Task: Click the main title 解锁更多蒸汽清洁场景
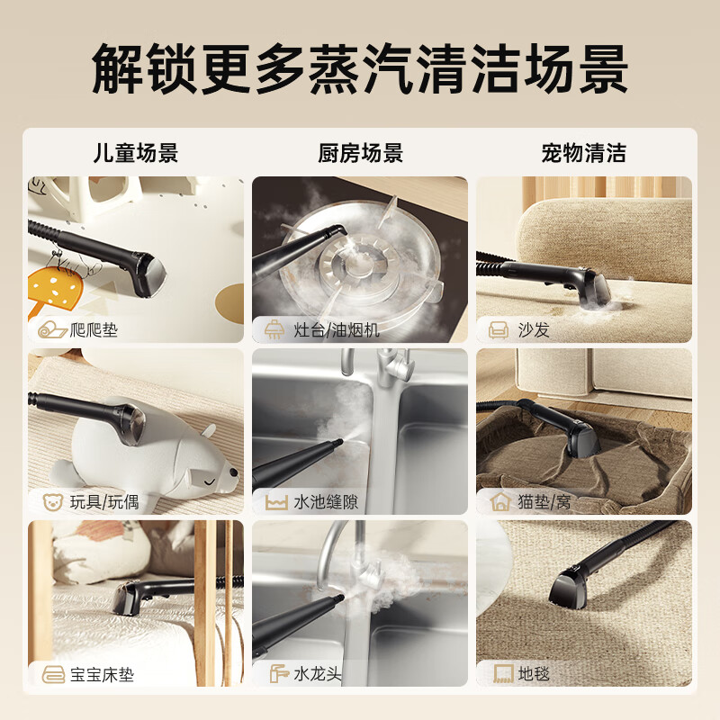point(360,67)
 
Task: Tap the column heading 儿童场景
point(136,152)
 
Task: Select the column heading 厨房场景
point(360,152)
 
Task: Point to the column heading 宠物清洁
point(583,152)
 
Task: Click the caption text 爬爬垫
point(94,330)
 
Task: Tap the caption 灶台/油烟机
point(328,330)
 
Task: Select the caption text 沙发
point(534,330)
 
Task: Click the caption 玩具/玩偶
point(104,501)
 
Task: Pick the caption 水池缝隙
point(326,501)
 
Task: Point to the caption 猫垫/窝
point(544,501)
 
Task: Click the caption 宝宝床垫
point(102,674)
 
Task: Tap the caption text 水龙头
point(318,674)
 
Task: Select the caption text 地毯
point(534,674)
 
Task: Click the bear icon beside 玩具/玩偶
point(51,501)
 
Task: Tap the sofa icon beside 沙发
point(498,330)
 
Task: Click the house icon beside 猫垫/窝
point(499,501)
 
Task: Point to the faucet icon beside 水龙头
point(276,674)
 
